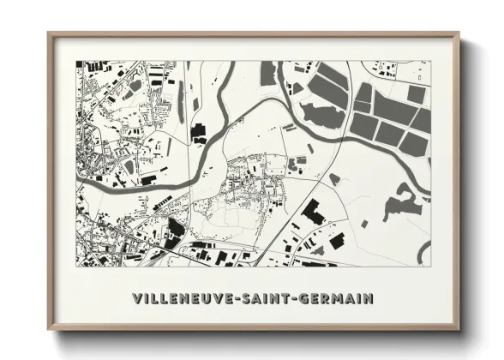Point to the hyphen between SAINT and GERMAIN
tap(291, 298)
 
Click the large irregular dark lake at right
tap(399, 203)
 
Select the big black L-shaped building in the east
tap(313, 212)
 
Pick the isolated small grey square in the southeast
tap(363, 224)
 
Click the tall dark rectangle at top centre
tap(267, 73)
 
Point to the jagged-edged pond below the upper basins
tap(320, 115)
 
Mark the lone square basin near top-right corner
tap(416, 93)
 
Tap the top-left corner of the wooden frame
tap(49, 34)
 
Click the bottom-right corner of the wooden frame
tap(459, 329)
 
